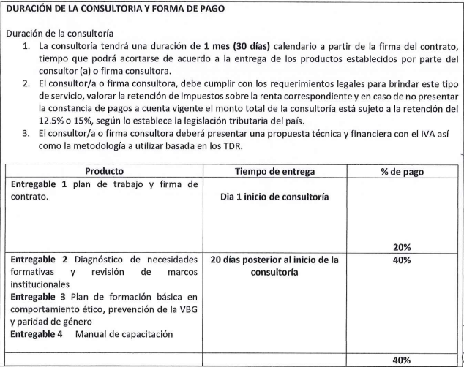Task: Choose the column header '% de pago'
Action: coord(402,171)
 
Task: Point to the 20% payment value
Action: coord(402,247)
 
